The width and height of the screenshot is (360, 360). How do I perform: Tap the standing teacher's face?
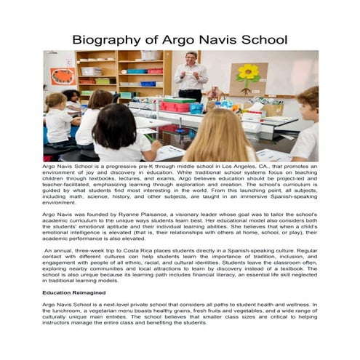click(x=190, y=58)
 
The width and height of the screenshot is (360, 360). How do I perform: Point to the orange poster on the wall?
click(x=63, y=76)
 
